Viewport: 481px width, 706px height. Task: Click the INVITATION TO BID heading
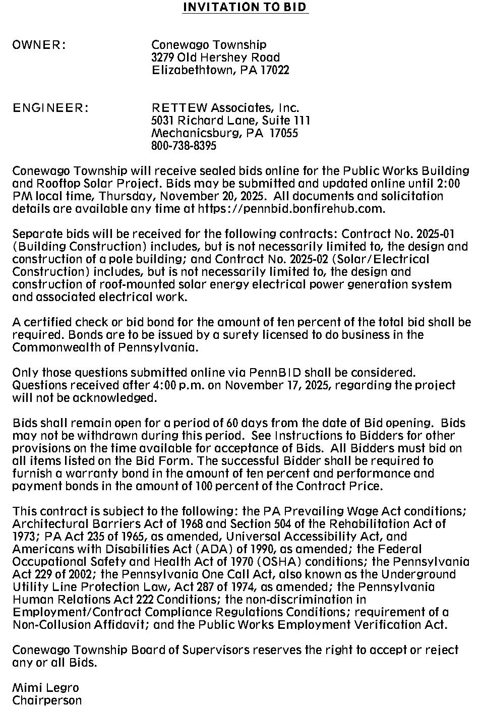point(245,7)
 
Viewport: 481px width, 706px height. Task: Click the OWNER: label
point(39,45)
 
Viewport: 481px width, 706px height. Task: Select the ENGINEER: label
point(50,108)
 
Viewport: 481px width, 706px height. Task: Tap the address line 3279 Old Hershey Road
point(215,57)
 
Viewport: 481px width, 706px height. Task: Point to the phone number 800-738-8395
point(184,146)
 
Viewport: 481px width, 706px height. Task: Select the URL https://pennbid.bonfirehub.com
point(291,209)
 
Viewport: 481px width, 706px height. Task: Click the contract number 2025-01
point(436,234)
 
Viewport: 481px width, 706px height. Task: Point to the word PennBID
point(275,373)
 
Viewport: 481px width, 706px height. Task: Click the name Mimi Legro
point(45,688)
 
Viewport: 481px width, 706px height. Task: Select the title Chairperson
point(47,700)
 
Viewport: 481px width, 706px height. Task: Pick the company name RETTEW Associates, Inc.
point(225,108)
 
